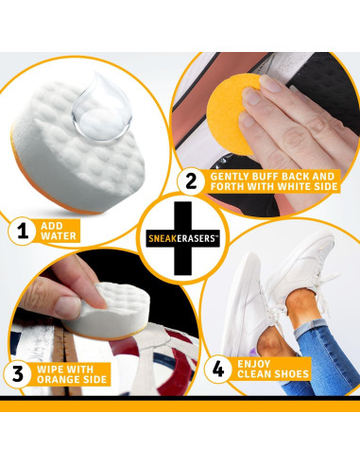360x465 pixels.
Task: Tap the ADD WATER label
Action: [57, 230]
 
